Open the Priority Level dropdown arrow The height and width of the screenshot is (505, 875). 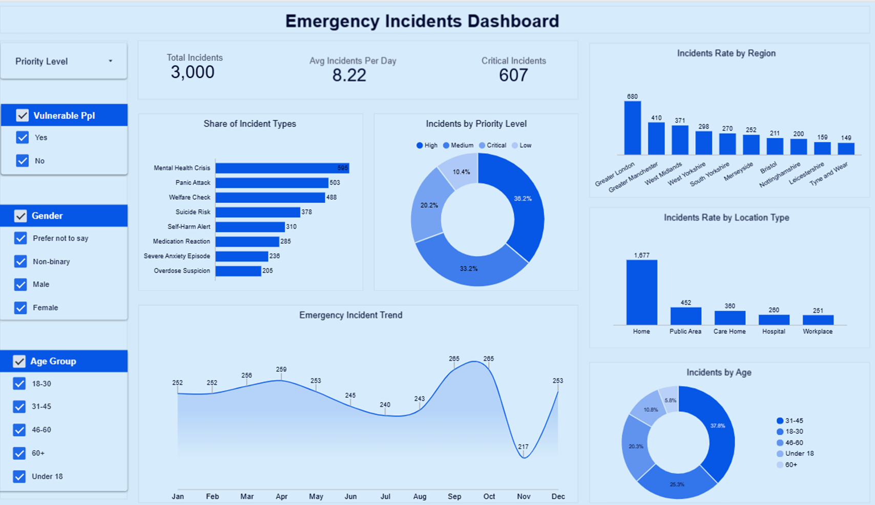(110, 61)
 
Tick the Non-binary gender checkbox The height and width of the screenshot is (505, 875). (20, 262)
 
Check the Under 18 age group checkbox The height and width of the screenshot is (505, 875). (19, 476)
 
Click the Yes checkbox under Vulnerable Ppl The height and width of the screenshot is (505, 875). (22, 137)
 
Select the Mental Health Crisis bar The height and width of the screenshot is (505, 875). (282, 168)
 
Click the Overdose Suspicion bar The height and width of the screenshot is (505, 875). (238, 271)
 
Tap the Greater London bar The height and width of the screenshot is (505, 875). (632, 128)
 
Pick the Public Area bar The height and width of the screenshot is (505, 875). (685, 316)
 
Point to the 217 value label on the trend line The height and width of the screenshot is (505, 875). (523, 447)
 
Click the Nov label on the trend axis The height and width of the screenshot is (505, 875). (524, 496)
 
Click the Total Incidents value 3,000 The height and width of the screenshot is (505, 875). (193, 72)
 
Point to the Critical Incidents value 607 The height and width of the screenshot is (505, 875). (513, 75)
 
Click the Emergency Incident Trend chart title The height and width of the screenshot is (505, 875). (350, 315)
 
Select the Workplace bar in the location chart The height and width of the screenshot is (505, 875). (818, 320)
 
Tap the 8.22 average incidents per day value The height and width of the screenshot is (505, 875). (349, 75)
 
